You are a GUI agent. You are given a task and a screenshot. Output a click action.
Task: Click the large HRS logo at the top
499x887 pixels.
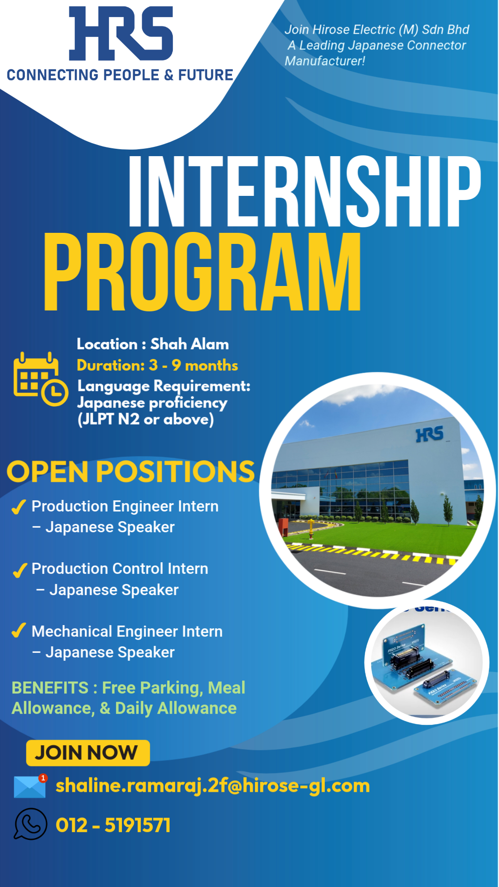pos(121,33)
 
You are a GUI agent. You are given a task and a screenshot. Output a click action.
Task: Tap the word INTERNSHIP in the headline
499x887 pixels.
pos(305,191)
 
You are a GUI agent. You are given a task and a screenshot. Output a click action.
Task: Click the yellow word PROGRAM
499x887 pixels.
pos(202,271)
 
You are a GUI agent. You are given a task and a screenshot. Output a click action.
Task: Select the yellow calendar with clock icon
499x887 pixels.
pos(41,379)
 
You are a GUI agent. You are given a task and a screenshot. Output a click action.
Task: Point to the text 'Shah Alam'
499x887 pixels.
pos(189,344)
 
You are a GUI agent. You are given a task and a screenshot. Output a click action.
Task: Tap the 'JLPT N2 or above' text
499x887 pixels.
pos(146,419)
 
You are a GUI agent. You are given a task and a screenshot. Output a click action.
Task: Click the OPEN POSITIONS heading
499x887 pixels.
pos(131,472)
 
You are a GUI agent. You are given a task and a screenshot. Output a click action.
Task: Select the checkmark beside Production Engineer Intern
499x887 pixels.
pos(18,507)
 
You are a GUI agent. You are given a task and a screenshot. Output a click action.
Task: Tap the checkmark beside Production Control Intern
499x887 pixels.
pos(20,570)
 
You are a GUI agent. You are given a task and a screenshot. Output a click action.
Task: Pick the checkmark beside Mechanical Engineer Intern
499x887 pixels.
pos(18,631)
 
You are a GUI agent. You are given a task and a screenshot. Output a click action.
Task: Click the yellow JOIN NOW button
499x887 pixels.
pos(88,753)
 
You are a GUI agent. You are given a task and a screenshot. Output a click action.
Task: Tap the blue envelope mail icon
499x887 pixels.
pos(30,787)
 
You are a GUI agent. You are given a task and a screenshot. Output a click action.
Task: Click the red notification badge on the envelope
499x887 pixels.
pos(43,778)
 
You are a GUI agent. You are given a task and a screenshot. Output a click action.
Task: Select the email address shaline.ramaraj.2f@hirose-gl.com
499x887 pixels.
pos(213,786)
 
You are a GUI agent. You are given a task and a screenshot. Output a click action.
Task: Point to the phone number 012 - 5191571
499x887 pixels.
pos(113,825)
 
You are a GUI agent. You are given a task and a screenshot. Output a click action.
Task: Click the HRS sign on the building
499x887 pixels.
pos(430,434)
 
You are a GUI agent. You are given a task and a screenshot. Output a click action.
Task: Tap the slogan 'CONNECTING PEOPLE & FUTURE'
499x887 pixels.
pos(120,75)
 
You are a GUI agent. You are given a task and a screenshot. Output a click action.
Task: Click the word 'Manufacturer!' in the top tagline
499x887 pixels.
pos(325,61)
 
